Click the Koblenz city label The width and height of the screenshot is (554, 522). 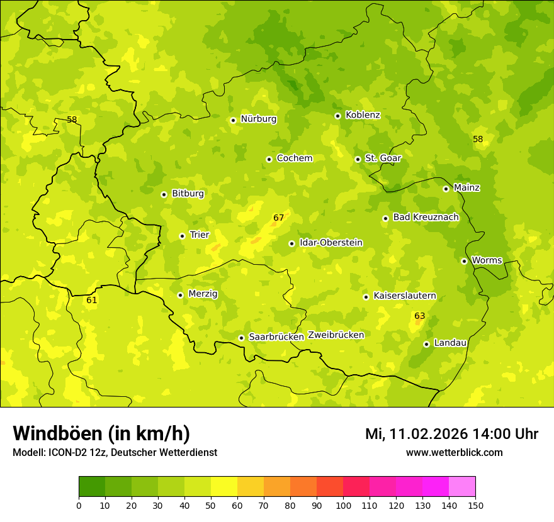363,115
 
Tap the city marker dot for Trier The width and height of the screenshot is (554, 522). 183,236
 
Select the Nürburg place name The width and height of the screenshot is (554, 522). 258,119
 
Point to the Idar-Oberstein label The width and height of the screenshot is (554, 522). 331,243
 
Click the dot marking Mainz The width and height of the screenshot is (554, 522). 446,189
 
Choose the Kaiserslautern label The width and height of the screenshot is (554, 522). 405,296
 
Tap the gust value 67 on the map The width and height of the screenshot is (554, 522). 279,218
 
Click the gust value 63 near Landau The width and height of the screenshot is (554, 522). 420,316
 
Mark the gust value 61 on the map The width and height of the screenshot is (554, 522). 92,301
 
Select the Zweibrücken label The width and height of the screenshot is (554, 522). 336,335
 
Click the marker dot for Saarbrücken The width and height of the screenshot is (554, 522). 241,338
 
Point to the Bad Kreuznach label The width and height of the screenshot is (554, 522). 426,217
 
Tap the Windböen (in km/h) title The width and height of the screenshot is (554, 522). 101,433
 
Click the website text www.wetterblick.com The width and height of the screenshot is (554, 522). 454,452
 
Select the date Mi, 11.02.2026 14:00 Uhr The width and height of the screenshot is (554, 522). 451,434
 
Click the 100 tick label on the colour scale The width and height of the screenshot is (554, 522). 343,504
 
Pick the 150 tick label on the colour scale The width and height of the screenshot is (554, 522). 475,504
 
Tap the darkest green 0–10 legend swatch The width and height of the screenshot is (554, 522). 92,486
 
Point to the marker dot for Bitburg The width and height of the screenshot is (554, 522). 164,195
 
